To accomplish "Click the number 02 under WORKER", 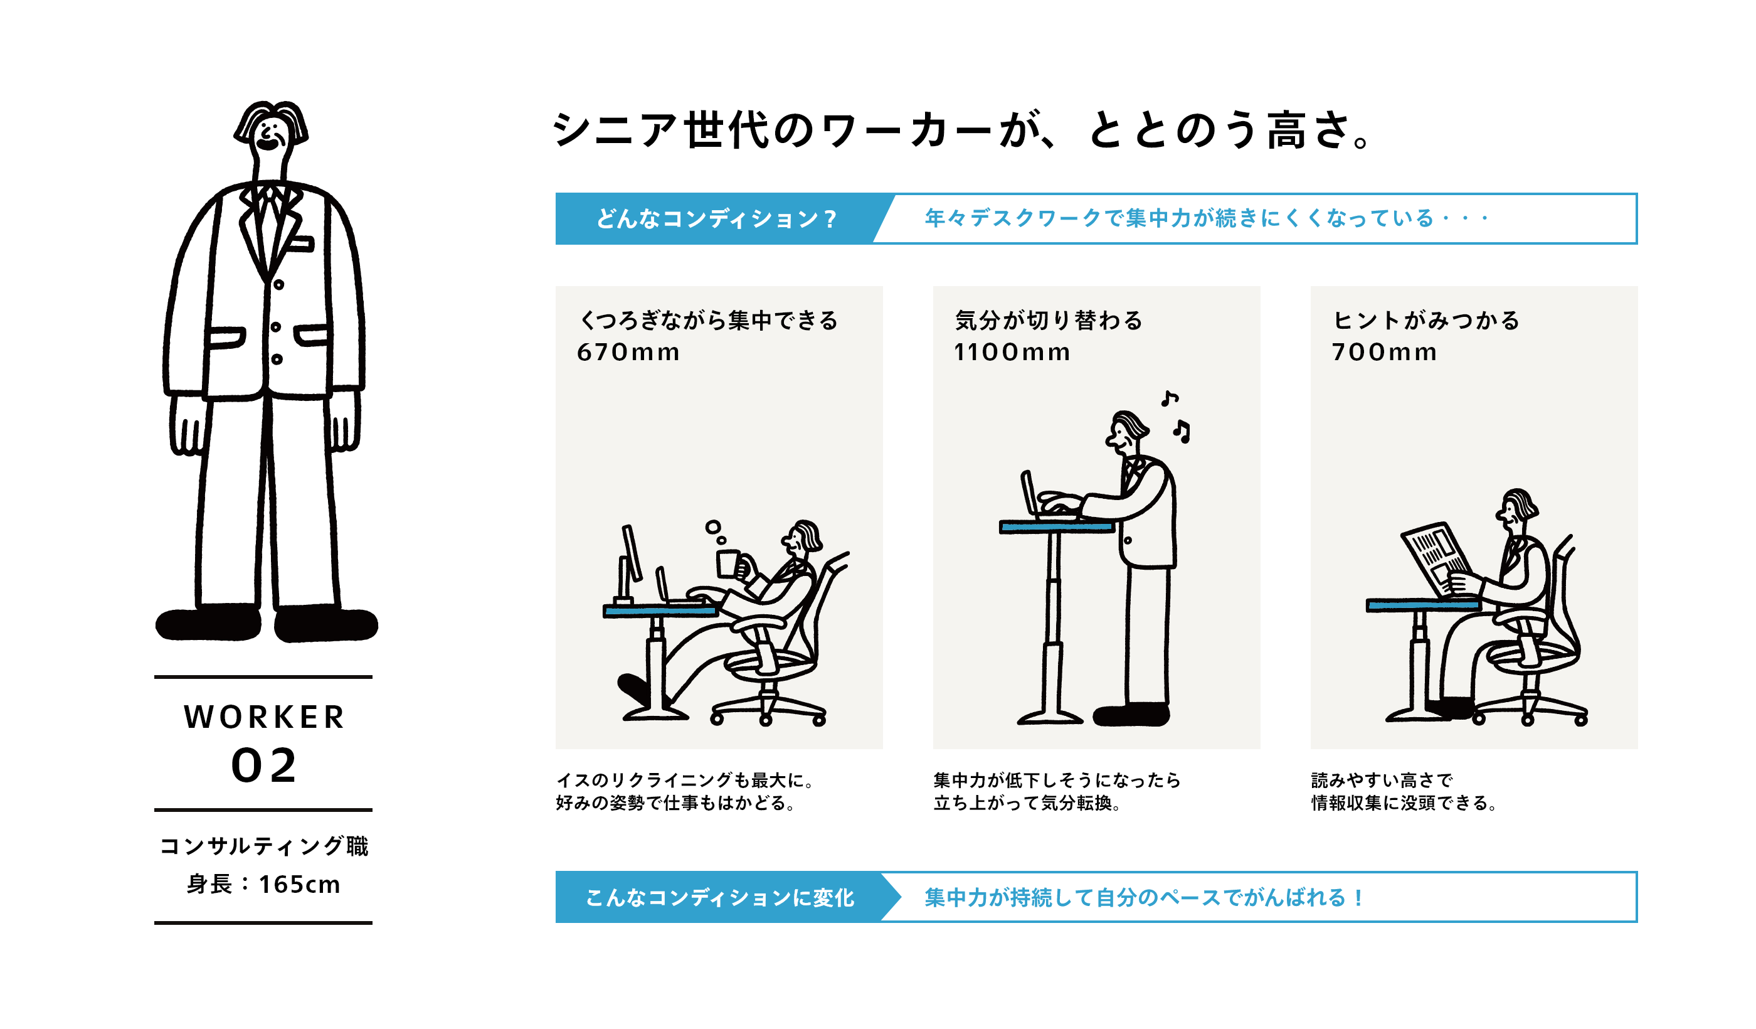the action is (264, 766).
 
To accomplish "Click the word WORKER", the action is (264, 717).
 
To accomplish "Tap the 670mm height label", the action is (628, 352).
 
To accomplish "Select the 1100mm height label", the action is (1012, 352).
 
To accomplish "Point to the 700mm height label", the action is (1384, 352).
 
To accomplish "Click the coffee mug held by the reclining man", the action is (728, 564).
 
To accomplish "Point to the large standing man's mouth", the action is (268, 144).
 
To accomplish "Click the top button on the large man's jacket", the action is (278, 284).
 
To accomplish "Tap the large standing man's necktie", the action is (268, 223).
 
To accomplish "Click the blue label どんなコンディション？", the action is (716, 219).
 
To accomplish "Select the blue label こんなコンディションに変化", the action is (720, 897).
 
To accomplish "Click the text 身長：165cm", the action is (263, 885).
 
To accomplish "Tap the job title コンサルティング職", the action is (264, 846).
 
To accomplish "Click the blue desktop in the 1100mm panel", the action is (1056, 527).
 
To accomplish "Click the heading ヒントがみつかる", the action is (1425, 321).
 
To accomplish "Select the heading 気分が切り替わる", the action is (1049, 321).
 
